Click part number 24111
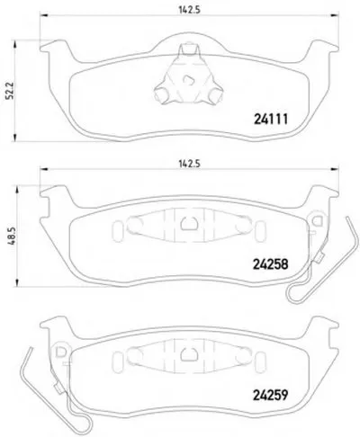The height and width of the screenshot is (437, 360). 271,120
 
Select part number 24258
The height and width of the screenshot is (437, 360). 271,264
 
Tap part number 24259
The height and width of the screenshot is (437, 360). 271,395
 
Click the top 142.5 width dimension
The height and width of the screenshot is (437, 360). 189,10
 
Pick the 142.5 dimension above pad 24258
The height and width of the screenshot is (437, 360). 189,164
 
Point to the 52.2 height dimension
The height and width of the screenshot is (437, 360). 11,91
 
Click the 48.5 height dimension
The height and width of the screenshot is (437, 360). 11,236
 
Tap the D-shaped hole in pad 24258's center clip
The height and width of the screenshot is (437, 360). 188,223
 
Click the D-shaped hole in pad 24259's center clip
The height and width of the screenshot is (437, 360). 188,354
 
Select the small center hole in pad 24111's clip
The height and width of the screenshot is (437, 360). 189,80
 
